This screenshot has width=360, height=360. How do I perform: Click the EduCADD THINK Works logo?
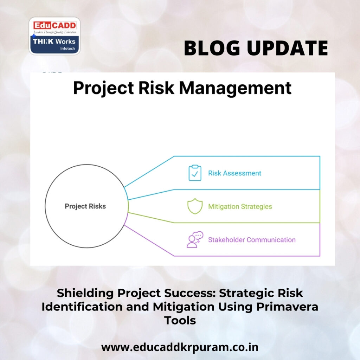coord(54,36)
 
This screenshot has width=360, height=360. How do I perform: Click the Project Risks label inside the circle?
coord(85,206)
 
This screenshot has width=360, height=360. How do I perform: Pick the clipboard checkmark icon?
coord(195,173)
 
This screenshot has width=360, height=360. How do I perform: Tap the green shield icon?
coord(195,206)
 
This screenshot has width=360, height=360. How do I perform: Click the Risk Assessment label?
coord(234,173)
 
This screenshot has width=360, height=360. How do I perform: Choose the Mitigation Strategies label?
coord(240,206)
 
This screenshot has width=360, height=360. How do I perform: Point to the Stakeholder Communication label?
coord(252,240)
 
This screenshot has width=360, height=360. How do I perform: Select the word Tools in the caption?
coord(180,320)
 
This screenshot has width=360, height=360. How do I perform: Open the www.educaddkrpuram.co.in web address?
coord(180,347)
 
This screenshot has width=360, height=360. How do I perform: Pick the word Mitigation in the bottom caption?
coord(183,307)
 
